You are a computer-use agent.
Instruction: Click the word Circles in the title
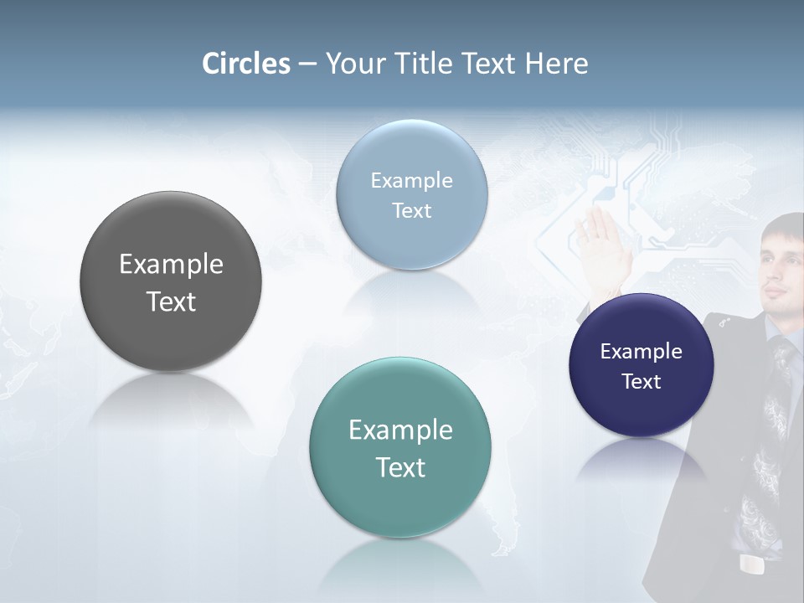tap(246, 64)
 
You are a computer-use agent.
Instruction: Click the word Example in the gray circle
tap(171, 265)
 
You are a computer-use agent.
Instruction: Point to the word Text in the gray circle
tap(171, 301)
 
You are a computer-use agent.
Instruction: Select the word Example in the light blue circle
tap(411, 181)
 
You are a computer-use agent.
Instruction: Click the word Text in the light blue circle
tap(411, 211)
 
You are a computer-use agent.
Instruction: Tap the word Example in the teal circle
tap(400, 430)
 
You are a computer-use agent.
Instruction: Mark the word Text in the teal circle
tap(400, 467)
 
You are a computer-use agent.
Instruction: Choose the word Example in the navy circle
tap(641, 352)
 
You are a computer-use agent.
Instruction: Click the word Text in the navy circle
tap(641, 382)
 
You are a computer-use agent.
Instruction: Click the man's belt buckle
tap(753, 565)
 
